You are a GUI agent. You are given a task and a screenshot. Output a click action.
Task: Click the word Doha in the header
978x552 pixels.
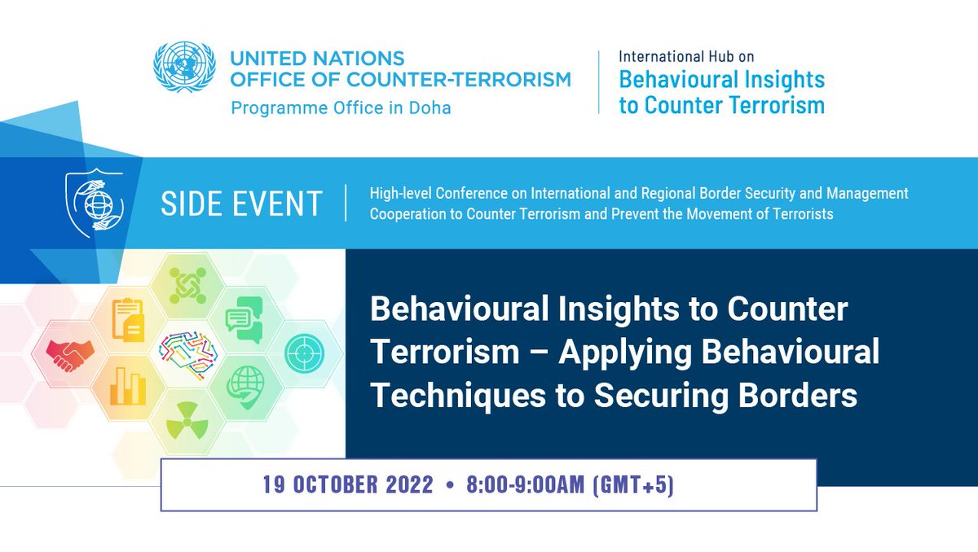click(x=428, y=107)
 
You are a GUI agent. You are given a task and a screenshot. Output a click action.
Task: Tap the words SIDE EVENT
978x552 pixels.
click(x=241, y=204)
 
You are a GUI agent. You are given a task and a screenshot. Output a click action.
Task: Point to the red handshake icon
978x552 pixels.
click(x=69, y=351)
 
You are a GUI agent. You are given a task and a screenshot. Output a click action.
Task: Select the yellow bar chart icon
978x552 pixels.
click(x=128, y=386)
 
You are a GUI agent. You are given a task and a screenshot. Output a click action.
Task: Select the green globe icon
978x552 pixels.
click(x=244, y=385)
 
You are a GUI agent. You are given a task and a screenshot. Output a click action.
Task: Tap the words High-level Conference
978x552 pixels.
click(x=448, y=194)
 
